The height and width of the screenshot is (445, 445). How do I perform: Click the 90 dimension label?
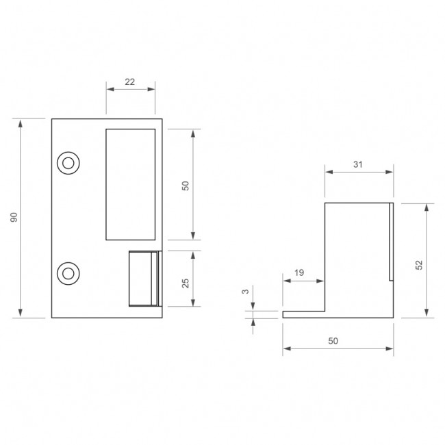pos(14,217)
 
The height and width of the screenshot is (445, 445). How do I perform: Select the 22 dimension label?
pos(129,81)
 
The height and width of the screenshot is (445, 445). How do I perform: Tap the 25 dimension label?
pos(186,283)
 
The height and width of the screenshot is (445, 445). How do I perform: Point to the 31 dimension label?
pos(358,164)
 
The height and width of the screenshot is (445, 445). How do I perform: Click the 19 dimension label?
pos(299,272)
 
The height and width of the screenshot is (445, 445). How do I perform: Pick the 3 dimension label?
pos(245,292)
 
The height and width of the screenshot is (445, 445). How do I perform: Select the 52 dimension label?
pos(419,265)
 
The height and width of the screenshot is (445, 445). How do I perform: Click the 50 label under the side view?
pos(333,341)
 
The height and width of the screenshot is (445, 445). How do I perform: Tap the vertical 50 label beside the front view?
pos(186,186)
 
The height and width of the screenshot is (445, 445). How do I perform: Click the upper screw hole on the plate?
pos(68,163)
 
